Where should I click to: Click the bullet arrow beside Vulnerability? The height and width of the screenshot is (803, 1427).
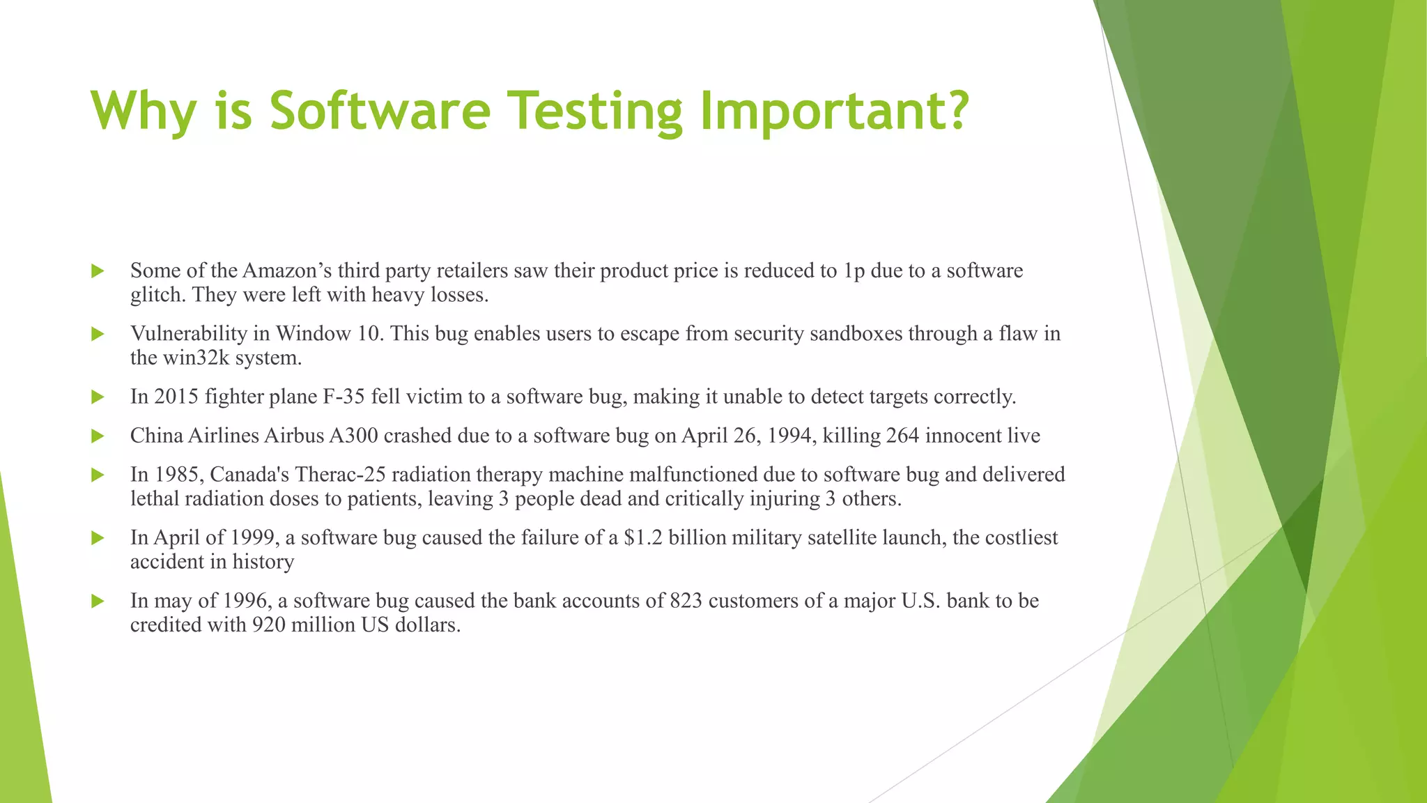coord(98,334)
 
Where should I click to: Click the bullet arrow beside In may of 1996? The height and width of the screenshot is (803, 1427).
coord(98,601)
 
